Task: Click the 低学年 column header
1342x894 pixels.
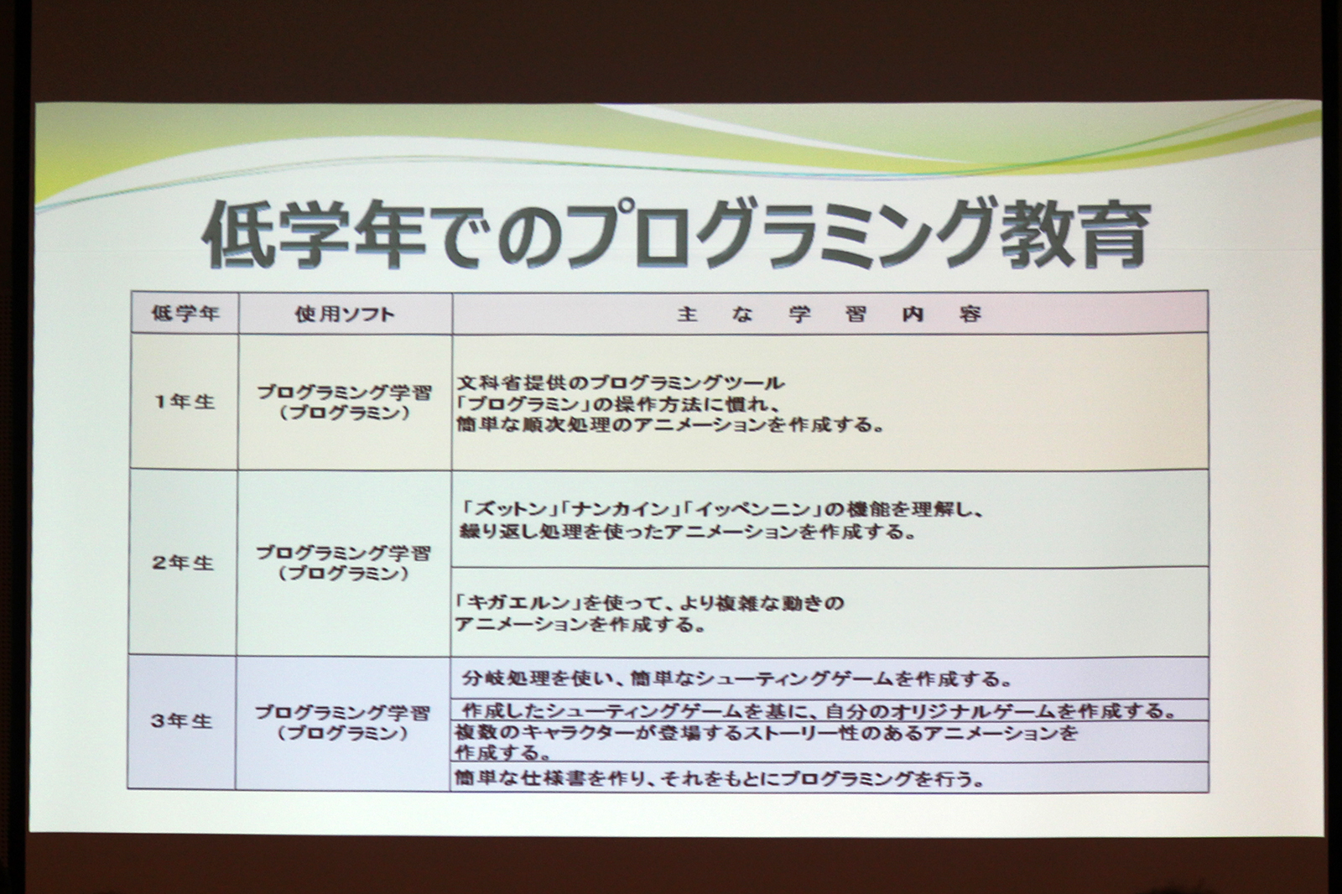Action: pos(185,314)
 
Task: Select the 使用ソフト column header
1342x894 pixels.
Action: pos(345,314)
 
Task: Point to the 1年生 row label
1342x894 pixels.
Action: pos(185,402)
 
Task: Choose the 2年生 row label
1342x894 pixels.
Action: pos(183,563)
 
